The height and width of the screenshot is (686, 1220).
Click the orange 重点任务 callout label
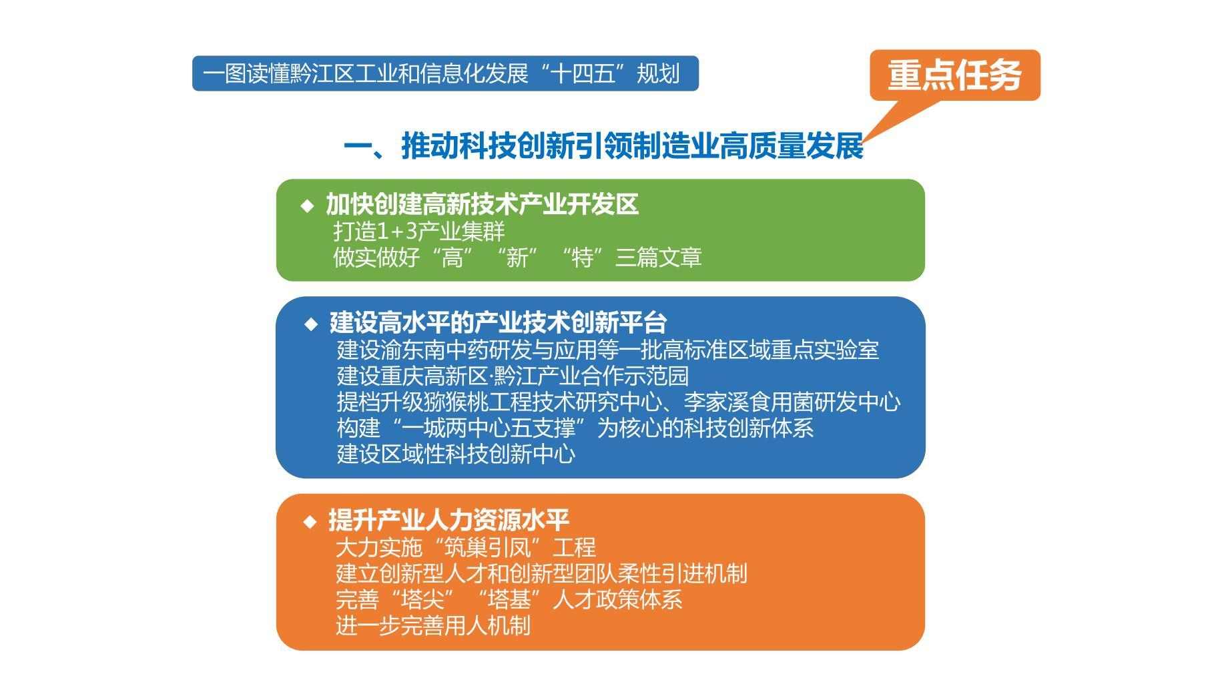pos(954,75)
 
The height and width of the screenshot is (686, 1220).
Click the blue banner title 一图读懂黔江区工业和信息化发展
pos(365,73)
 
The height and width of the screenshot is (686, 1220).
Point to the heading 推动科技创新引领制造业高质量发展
pos(633,146)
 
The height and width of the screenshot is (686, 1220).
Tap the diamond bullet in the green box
pos(308,206)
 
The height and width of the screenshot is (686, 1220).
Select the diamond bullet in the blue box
pos(311,324)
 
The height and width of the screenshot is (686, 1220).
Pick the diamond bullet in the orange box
pos(310,521)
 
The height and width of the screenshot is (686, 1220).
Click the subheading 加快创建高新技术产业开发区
pos(482,204)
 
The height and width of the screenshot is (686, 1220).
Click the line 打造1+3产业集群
pos(419,232)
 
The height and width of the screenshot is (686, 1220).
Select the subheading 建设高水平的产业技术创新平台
pos(498,323)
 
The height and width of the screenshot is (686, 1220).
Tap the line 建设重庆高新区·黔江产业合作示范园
pos(513,376)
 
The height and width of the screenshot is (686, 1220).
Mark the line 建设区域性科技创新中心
pos(456,454)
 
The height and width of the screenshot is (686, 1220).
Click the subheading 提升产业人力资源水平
pos(448,521)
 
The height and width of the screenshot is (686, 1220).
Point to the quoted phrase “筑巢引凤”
pos(487,548)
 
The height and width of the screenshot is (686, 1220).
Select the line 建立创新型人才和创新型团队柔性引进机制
pos(541,574)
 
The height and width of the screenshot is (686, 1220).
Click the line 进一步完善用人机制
pos(433,626)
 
